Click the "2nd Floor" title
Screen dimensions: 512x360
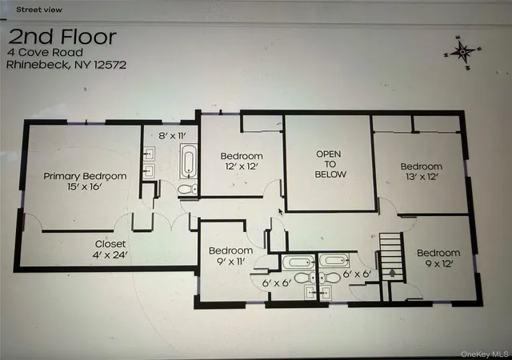62,37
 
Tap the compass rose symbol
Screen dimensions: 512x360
462,52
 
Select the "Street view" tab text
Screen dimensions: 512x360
39,10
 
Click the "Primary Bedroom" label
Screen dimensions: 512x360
85,176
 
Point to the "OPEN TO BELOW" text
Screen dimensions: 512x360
330,164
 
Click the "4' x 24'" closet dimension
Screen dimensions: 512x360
110,254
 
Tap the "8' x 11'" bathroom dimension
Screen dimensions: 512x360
172,135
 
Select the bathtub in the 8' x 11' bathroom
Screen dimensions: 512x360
189,161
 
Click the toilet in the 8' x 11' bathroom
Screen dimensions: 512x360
187,189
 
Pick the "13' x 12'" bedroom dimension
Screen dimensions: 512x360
422,177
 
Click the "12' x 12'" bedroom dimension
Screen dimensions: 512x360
242,166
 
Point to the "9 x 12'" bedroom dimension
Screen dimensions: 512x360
438,263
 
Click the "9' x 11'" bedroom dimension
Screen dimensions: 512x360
230,261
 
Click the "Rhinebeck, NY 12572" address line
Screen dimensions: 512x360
66,64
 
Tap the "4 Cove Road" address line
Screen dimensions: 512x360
46,52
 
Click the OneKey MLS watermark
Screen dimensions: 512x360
484,354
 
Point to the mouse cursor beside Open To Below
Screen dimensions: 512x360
281,212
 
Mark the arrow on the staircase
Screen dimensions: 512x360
392,273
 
